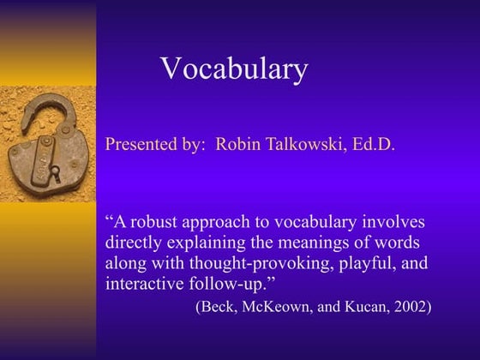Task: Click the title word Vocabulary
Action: click(x=234, y=69)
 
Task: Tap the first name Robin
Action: click(x=237, y=144)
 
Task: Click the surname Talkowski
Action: click(x=305, y=144)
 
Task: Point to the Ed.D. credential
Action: click(x=375, y=144)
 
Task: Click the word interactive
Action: click(x=143, y=283)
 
